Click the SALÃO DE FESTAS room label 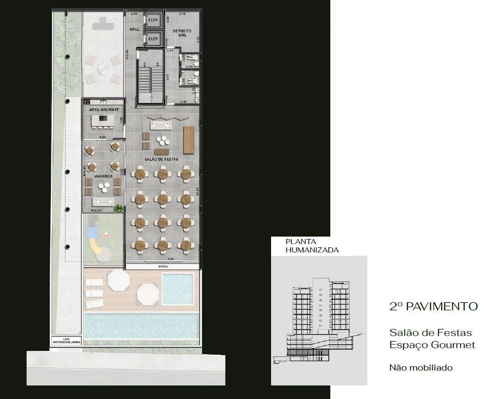161,160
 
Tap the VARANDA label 103,177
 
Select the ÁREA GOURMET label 104,110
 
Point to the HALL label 134,29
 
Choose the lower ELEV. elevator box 153,39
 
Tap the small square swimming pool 177,289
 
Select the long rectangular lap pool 141,326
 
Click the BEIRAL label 163,266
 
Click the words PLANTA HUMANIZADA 312,245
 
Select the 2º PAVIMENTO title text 433,307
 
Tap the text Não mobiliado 421,368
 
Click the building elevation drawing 319,322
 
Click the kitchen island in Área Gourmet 103,120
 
